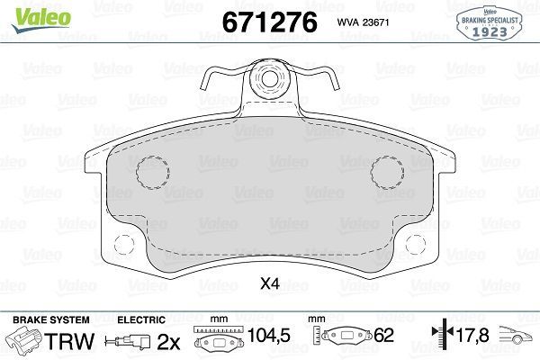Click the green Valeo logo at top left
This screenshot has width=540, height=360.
point(29,13)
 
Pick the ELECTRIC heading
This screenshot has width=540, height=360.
point(141,319)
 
